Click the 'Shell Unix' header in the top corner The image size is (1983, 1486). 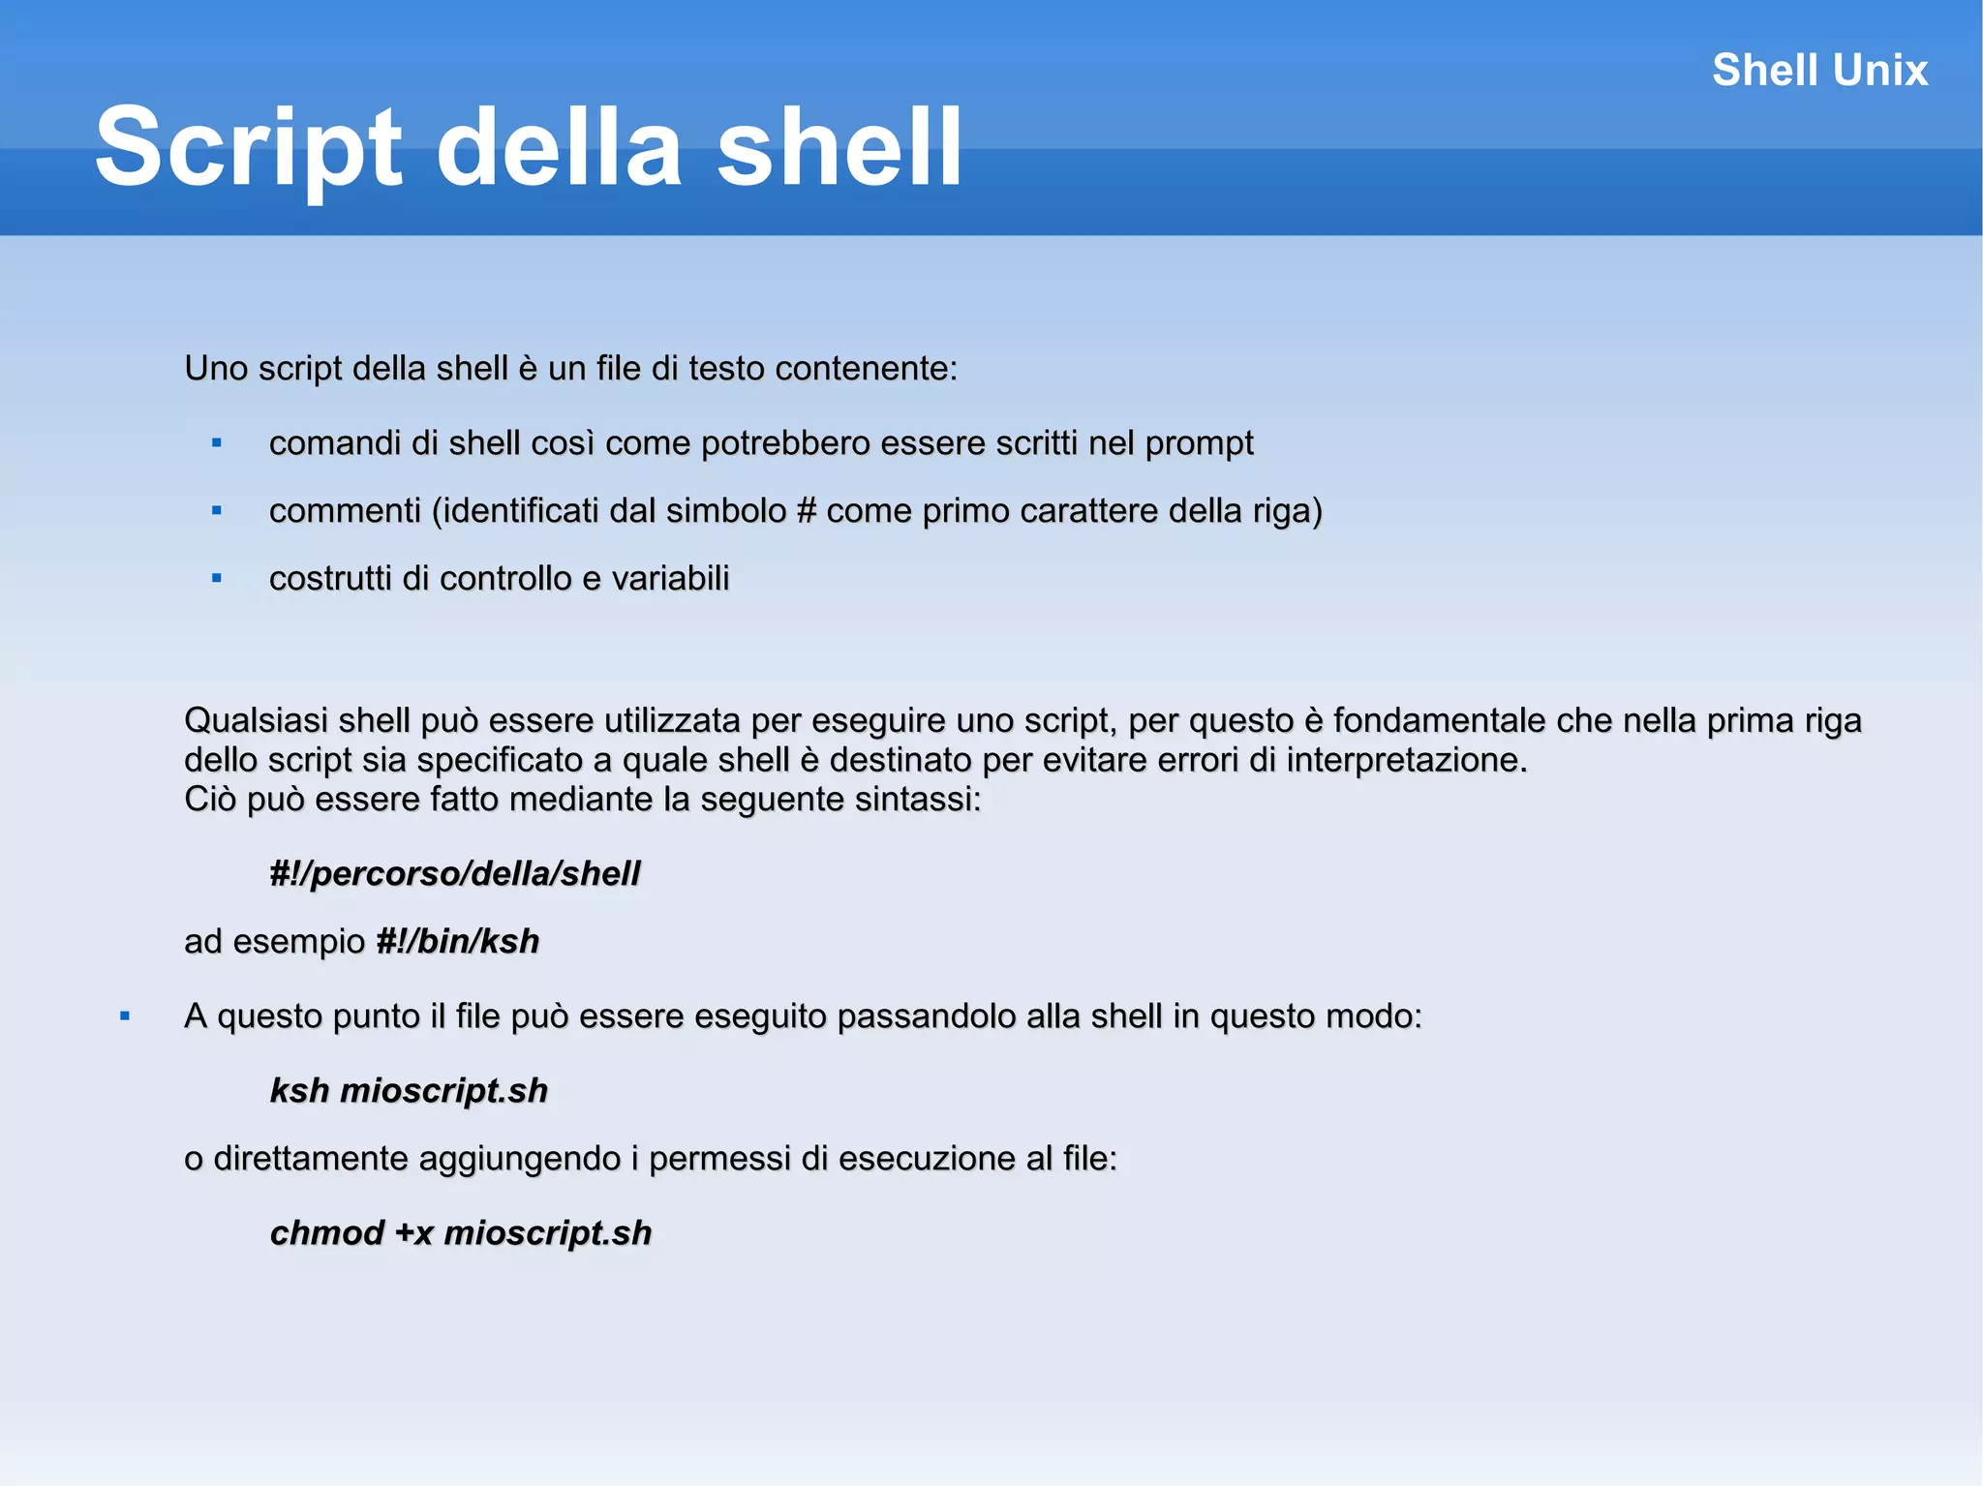(x=1819, y=71)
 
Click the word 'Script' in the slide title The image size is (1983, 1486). (x=248, y=148)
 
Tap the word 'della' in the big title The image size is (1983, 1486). (x=560, y=148)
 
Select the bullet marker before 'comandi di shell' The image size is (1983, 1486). (x=217, y=443)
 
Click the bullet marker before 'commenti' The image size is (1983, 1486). (x=217, y=511)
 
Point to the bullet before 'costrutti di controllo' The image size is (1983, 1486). (x=217, y=579)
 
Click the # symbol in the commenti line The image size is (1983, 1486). (x=807, y=511)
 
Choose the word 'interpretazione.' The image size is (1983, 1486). (x=1406, y=761)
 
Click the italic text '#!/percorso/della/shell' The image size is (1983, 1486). (x=455, y=874)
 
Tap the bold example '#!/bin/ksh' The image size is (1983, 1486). (x=457, y=942)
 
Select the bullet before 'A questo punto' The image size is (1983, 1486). (x=125, y=1016)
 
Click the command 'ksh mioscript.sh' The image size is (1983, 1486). (x=409, y=1091)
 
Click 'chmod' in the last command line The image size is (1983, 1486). (x=327, y=1233)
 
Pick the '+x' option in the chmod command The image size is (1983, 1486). (x=414, y=1233)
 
